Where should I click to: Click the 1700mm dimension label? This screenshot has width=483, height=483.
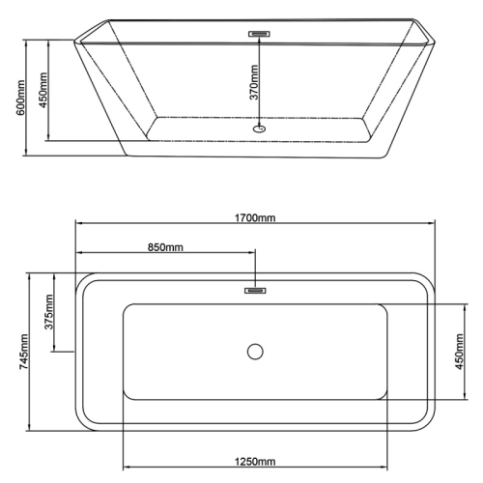255,218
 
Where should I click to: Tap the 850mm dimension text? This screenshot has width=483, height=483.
165,247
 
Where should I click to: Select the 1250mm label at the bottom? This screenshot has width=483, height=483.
255,462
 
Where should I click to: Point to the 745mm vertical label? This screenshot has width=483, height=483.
23,352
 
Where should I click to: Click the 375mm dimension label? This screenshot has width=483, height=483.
48,312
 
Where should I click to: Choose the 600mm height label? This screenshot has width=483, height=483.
20,98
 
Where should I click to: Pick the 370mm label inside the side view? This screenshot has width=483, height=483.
254,82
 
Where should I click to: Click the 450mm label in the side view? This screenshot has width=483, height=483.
43,90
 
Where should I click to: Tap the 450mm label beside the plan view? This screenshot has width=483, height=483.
460,352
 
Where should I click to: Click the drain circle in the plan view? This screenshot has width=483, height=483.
255,352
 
